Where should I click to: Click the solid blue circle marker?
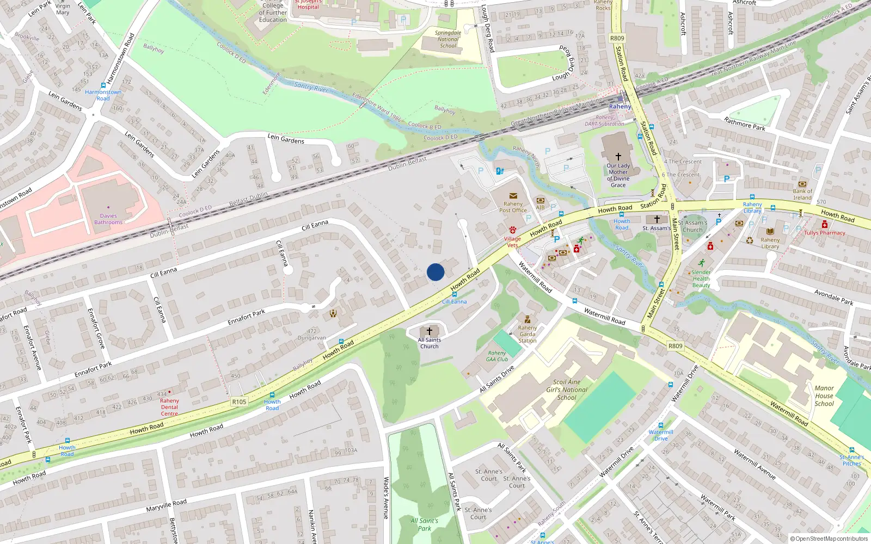[x=436, y=272]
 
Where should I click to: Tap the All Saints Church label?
[x=430, y=343]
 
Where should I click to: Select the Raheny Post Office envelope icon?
[x=513, y=196]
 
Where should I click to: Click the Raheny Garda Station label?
[x=527, y=334]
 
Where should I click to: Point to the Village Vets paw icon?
[x=512, y=230]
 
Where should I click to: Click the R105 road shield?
[x=239, y=401]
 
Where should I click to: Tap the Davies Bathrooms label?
[x=108, y=219]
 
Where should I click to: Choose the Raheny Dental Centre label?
[x=169, y=407]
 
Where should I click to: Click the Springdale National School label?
[x=448, y=39]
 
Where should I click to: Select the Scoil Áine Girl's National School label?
[x=567, y=390]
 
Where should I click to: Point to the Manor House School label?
[x=824, y=396]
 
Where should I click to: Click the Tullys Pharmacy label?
[x=824, y=233]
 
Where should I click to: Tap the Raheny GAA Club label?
[x=497, y=356]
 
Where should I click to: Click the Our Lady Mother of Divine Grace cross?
[x=618, y=157]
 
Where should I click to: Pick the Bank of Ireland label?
[x=802, y=194]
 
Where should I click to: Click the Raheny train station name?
[x=620, y=107]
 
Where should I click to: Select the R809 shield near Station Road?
[x=617, y=38]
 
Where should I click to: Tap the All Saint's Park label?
[x=424, y=524]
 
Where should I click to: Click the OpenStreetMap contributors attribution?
[x=829, y=539]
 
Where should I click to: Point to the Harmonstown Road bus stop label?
[x=103, y=95]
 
